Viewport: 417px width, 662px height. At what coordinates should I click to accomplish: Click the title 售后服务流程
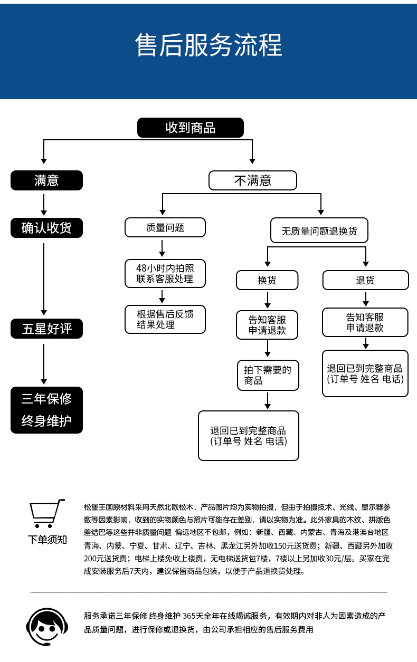[x=209, y=45]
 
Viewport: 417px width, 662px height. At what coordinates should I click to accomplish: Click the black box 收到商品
[x=191, y=128]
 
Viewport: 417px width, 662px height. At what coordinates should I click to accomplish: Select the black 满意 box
[x=46, y=180]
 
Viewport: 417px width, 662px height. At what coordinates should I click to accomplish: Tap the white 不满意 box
[x=252, y=180]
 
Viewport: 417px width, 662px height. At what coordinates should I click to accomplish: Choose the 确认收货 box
[x=46, y=228]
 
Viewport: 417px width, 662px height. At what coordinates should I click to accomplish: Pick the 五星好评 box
[x=46, y=329]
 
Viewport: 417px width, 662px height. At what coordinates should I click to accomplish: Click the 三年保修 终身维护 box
[x=46, y=410]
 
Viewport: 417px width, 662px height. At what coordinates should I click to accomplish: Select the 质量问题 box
[x=165, y=227]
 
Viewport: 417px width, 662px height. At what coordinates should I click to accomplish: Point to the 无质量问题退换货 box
[x=319, y=231]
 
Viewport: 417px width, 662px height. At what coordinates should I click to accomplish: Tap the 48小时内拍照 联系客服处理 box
[x=165, y=273]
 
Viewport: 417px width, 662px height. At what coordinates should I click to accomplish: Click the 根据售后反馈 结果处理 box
[x=165, y=319]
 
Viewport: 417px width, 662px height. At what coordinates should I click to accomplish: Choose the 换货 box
[x=267, y=280]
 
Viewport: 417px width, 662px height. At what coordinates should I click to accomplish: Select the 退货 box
[x=365, y=280]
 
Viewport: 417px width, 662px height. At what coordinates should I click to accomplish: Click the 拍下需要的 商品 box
[x=268, y=375]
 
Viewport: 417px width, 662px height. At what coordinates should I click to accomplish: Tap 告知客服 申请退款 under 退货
[x=365, y=322]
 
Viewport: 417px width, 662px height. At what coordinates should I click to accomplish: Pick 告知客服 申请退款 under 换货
[x=267, y=325]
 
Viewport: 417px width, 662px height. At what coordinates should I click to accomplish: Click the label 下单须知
[x=48, y=539]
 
